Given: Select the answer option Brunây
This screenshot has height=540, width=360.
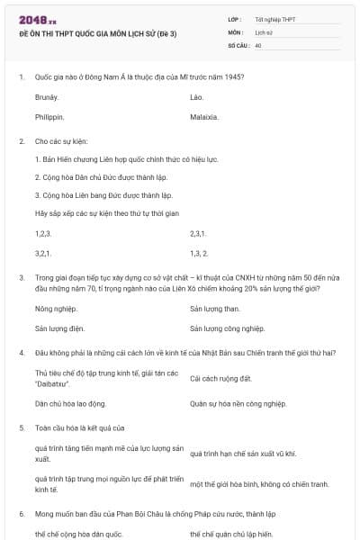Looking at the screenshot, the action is point(47,95).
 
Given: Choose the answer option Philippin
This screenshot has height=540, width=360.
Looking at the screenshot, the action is point(49,117).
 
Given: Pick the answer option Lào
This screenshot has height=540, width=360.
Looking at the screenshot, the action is point(197,95).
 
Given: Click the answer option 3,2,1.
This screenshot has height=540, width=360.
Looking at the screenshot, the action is point(43,254).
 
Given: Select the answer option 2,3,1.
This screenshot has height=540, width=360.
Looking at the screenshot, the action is point(199,233).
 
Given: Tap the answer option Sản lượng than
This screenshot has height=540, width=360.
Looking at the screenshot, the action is point(214,308).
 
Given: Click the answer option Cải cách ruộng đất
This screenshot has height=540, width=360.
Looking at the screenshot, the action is point(215,378).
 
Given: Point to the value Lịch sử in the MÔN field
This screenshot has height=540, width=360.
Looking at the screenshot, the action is point(264,31).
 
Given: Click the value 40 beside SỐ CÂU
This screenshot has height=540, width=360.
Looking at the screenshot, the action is point(258,44).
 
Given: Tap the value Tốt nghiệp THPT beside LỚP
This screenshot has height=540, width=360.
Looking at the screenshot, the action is point(274,19).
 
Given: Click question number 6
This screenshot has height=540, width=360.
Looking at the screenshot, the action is point(21,513).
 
